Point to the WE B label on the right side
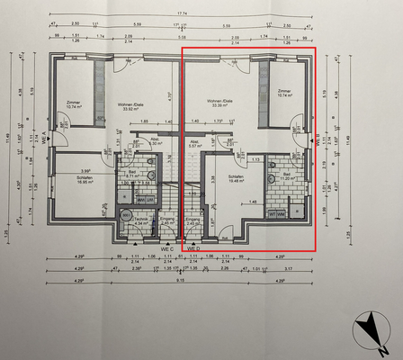(318, 141)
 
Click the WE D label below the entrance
(194, 249)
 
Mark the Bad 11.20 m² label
(288, 177)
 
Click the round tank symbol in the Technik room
(125, 215)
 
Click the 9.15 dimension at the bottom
(181, 279)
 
